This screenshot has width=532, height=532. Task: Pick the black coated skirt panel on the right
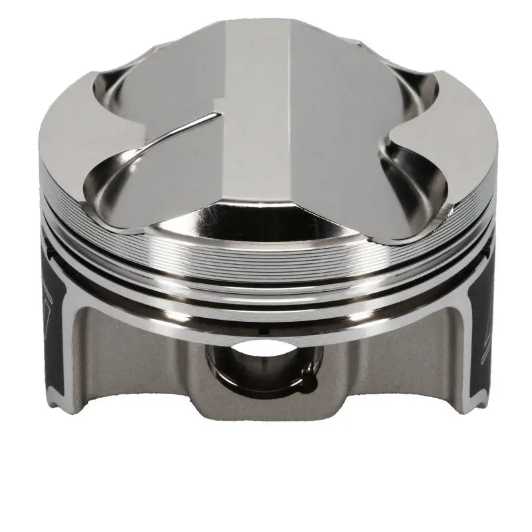coord(480,332)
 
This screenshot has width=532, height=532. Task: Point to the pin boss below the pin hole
coord(266,406)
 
